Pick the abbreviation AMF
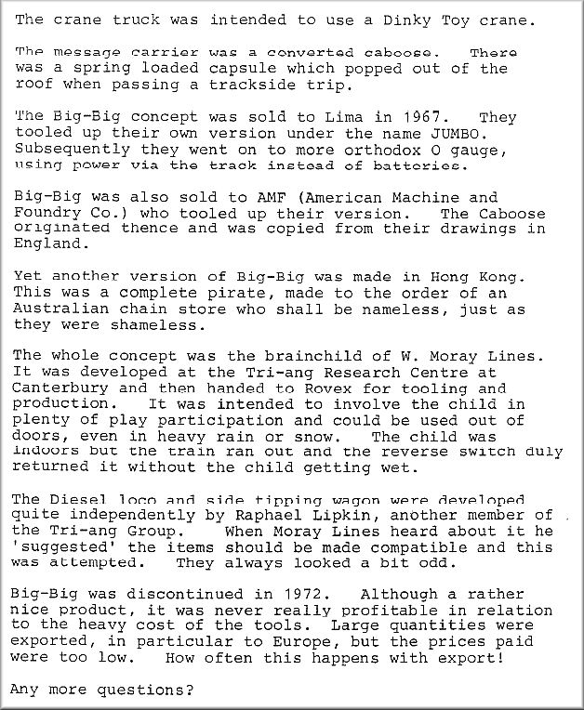pos(280,198)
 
